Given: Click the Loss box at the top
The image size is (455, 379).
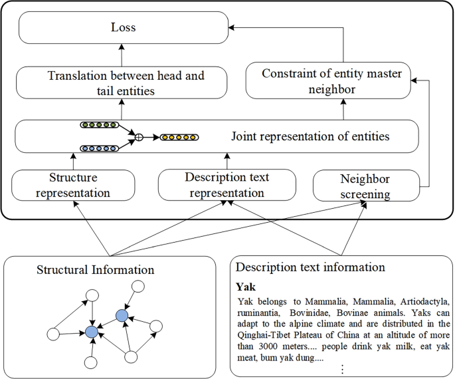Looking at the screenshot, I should pos(123,29).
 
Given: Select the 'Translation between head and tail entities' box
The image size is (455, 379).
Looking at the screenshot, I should pos(123,82).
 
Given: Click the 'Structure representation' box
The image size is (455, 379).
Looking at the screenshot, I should pos(73,185).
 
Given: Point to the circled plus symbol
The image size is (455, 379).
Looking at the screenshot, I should pos(139,137).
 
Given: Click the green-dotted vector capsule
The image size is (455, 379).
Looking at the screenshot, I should pos(99,124).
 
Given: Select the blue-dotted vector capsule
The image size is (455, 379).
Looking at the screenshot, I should pos(99,148).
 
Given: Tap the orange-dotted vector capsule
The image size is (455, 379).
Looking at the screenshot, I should pos(180,137).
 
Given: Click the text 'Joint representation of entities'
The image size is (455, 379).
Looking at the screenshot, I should pos(310,137).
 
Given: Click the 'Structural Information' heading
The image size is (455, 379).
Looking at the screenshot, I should pos(96,269).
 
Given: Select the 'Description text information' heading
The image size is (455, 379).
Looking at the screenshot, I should pos(311,267).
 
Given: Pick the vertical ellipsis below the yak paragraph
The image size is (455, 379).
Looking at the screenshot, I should pos(341,368).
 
